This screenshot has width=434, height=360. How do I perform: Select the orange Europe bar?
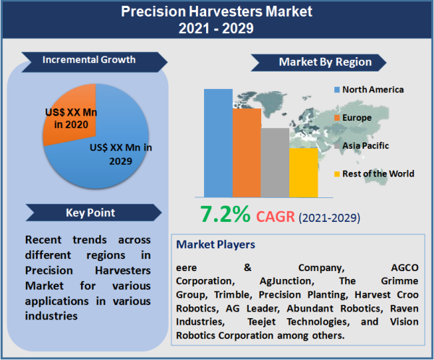pos(247,152)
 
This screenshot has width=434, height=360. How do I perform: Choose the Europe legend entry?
pos(357,117)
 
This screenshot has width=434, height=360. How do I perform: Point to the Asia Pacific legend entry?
pos(365,145)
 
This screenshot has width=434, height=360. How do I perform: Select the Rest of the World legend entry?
pos(378,173)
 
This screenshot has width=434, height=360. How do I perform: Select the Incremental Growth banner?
pos(89,59)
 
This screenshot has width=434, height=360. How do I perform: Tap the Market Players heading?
pos(216,244)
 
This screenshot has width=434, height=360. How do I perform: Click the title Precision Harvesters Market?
pos(216,12)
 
